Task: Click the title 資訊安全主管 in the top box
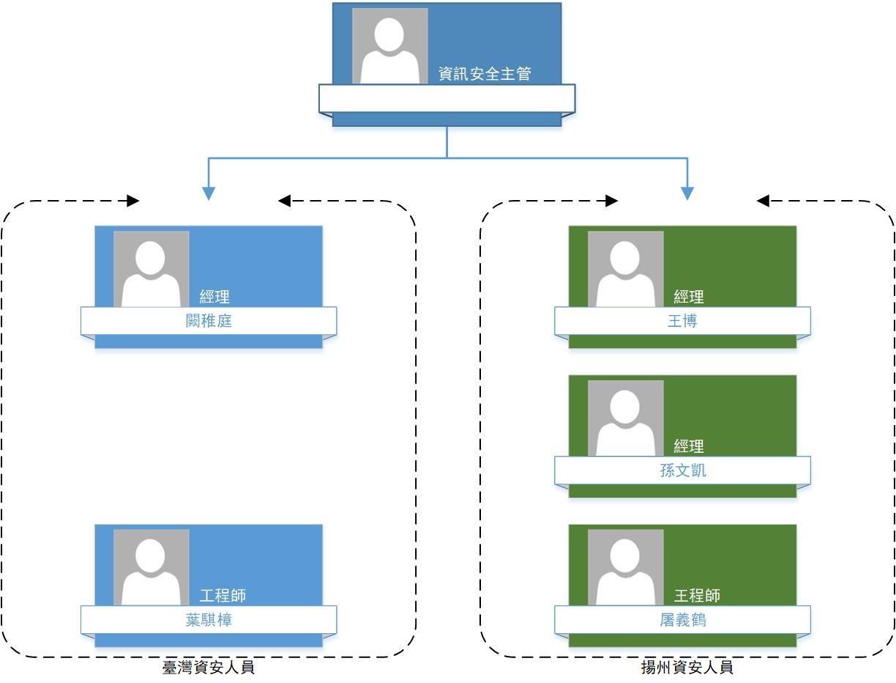485,74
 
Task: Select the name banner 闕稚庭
209,321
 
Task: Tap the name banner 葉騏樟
209,620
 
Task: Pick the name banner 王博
682,321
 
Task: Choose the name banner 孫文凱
682,470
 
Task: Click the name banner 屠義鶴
682,620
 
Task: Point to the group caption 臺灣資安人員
209,668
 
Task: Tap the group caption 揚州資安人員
687,668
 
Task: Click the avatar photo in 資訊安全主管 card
389,46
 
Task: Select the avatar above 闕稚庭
151,270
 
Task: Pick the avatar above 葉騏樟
151,568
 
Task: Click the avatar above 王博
625,270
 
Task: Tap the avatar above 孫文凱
625,418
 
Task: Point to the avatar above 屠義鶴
625,568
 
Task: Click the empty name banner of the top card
447,99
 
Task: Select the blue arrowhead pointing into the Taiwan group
209,193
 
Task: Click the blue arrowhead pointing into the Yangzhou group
687,193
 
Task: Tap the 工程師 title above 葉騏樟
223,595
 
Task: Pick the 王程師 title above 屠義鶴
697,595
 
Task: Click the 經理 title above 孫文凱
689,446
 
